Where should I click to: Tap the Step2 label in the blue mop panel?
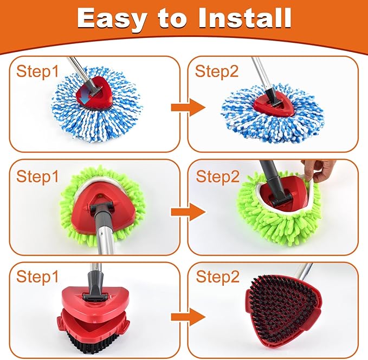tap(217, 71)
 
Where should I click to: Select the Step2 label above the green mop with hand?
tap(217, 176)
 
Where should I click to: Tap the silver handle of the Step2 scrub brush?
tap(305, 271)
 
